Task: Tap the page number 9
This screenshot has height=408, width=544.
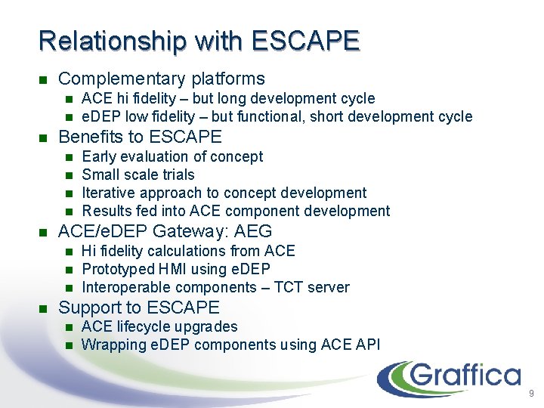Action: (x=531, y=394)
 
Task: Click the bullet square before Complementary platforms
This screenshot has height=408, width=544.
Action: (x=42, y=79)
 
